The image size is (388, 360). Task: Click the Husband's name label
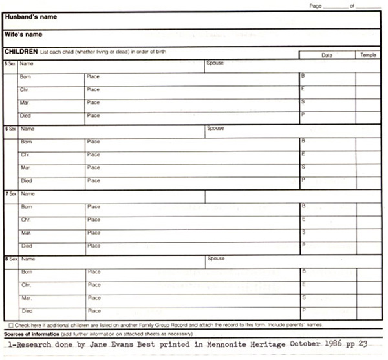click(x=30, y=17)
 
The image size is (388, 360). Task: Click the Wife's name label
click(x=24, y=34)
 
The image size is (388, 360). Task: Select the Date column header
click(x=327, y=55)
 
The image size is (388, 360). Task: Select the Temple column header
click(x=367, y=55)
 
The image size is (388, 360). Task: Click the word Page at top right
click(x=316, y=5)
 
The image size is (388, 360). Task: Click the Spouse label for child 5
click(x=215, y=63)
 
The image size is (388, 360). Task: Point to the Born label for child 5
click(x=26, y=77)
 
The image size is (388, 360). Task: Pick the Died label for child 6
click(x=26, y=181)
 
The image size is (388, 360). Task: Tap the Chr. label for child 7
click(x=26, y=220)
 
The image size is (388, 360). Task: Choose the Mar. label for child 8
click(x=27, y=298)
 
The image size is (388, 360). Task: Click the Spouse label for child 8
click(x=215, y=259)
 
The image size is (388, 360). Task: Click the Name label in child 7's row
click(x=27, y=193)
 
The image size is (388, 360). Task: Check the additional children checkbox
click(x=11, y=324)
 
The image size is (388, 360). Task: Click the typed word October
click(x=305, y=344)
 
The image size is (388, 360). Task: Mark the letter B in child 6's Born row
click(x=303, y=140)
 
